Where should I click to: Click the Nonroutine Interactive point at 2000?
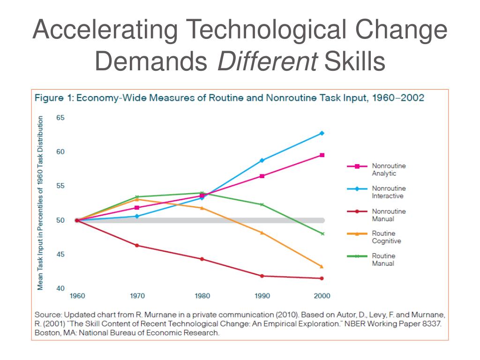322,133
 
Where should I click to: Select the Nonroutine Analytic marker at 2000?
322,155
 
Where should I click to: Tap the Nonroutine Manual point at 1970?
137,246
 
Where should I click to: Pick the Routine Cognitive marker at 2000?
322,266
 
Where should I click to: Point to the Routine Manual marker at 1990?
262,204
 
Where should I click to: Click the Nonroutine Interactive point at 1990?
262,160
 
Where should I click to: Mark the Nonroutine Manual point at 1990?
262,276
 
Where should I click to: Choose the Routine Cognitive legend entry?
383,237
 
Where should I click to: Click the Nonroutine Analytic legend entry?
389,169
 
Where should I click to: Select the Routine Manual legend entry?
383,260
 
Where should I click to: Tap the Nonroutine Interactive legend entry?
389,192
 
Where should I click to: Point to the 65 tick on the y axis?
60,118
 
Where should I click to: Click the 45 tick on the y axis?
60,255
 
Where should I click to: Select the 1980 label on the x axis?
202,296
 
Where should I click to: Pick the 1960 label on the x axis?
77,296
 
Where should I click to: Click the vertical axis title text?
41,202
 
